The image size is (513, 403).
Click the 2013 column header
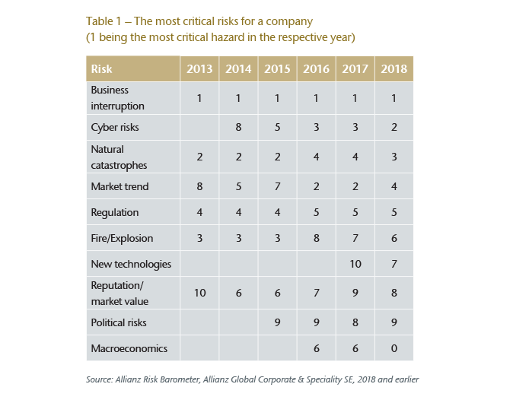point(199,69)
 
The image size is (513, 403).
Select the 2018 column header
point(394,69)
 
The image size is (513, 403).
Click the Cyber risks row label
point(114,127)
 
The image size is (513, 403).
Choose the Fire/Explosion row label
point(122,238)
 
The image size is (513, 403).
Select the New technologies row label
point(131,265)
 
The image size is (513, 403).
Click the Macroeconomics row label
point(129,348)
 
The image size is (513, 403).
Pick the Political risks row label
point(118,322)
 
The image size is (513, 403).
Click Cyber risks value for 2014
point(238,127)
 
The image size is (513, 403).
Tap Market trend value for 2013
point(199,186)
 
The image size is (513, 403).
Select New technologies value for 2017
point(355,265)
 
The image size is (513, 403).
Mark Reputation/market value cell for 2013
point(199,294)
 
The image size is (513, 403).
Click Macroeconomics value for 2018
point(394,348)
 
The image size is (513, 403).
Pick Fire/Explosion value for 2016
point(316,238)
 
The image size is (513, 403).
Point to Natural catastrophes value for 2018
point(394,157)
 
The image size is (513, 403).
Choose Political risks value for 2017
point(355,322)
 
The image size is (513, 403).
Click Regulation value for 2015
point(277,212)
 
